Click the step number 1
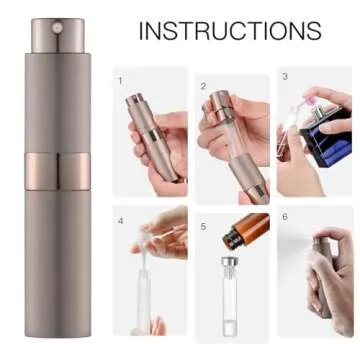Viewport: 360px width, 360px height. tap(120, 79)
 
